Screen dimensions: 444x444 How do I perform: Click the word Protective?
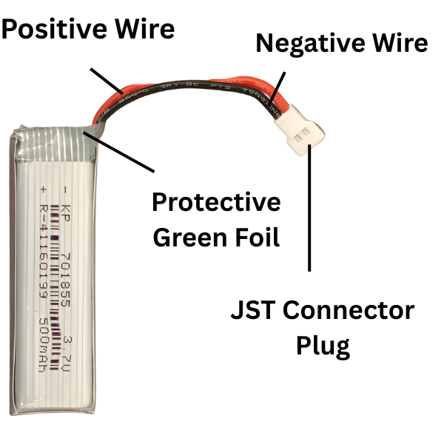pos(216,202)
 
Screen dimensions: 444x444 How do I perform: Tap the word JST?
pos(254,310)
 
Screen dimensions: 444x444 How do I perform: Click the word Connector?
pos(351,310)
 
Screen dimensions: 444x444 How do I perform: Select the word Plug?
pos(323,345)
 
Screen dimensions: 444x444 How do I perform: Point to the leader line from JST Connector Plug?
pos(309,215)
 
